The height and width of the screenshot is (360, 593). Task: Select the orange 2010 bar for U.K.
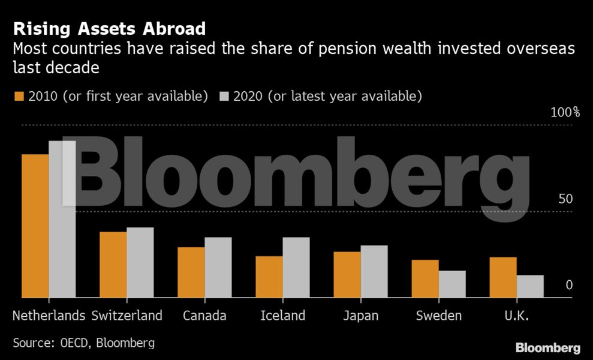click(502, 277)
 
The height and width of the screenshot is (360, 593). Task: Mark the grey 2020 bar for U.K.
click(530, 286)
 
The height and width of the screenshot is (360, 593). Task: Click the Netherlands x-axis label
click(49, 316)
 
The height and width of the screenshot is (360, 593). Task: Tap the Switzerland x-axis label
click(127, 316)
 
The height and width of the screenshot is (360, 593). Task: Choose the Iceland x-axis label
click(283, 316)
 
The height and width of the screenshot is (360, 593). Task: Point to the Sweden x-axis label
click(439, 316)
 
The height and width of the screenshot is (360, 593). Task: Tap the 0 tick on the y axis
click(569, 285)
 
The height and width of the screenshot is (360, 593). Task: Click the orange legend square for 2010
click(18, 96)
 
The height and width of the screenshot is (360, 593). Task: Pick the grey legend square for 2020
click(225, 96)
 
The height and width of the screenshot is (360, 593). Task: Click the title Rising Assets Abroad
click(109, 28)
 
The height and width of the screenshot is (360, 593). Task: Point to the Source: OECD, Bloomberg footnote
click(84, 343)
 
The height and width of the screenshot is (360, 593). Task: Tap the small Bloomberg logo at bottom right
click(547, 348)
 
